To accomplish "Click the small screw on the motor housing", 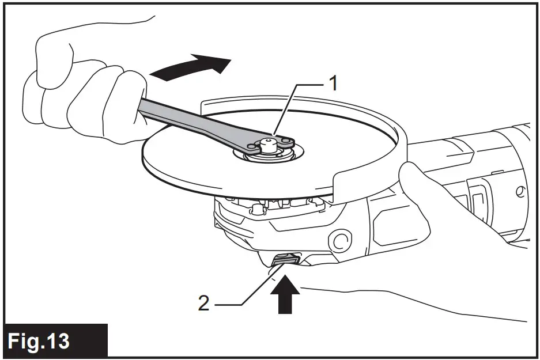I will tap(520, 190).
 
